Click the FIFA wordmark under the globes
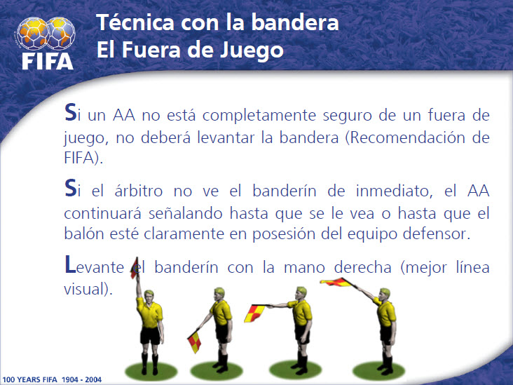48,61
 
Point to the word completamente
259,116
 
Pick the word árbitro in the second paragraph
138,191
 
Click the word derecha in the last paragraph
362,267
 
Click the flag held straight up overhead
135,269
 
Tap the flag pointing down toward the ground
194,342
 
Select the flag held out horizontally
255,313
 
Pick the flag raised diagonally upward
338,282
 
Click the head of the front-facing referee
149,297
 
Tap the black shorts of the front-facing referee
150,335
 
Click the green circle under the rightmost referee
378,371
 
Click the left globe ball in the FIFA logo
32,34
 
